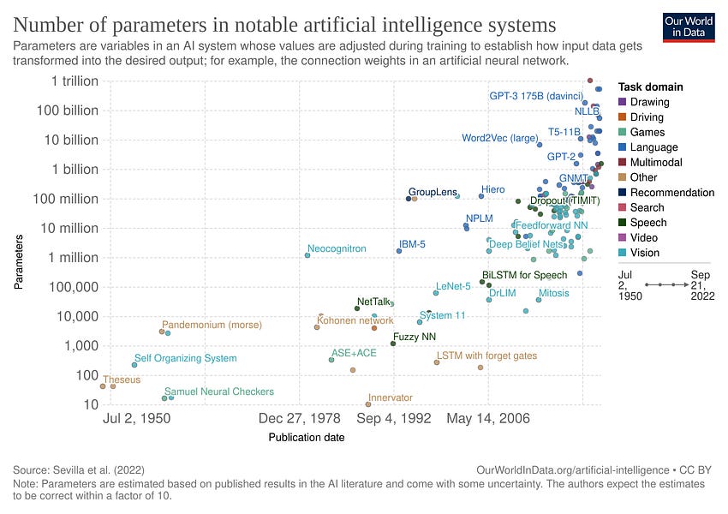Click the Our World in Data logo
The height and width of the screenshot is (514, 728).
pyautogui.click(x=689, y=27)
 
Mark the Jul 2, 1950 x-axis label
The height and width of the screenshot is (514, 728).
pyautogui.click(x=136, y=419)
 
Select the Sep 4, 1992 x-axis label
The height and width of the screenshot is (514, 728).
pyautogui.click(x=394, y=419)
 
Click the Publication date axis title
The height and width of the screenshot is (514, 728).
pyautogui.click(x=307, y=438)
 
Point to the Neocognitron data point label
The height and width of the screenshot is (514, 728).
pyautogui.click(x=337, y=248)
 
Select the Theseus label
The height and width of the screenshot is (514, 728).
pyautogui.click(x=122, y=379)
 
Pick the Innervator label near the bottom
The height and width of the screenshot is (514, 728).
pyautogui.click(x=390, y=397)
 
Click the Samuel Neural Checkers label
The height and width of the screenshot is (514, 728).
pyautogui.click(x=219, y=391)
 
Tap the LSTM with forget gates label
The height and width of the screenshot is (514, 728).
pyautogui.click(x=486, y=355)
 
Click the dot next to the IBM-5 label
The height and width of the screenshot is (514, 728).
pyautogui.click(x=399, y=251)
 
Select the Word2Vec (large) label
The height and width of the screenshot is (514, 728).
pyautogui.click(x=500, y=138)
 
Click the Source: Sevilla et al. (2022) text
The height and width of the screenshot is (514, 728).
pyautogui.click(x=79, y=470)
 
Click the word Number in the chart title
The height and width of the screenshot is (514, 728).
pyautogui.click(x=51, y=23)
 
